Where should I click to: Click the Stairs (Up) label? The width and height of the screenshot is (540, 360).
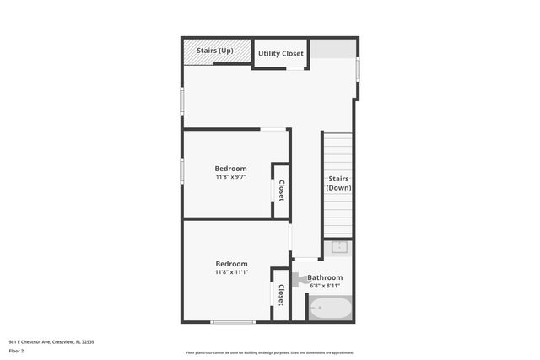[215, 51]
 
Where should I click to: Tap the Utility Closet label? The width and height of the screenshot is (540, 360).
[281, 54]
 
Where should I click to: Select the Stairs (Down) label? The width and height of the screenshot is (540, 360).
[338, 183]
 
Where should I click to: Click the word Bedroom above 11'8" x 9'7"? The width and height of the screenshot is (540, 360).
[230, 169]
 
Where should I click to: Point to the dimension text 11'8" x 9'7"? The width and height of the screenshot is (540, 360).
[230, 177]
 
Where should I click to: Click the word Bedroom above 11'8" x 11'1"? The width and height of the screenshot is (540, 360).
[230, 264]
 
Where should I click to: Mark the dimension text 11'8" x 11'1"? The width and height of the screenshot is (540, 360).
[230, 272]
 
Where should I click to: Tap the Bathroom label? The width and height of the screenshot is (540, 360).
[325, 277]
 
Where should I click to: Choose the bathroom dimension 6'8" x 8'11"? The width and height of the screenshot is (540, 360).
[325, 286]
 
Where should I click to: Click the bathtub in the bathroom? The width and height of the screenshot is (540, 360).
[329, 309]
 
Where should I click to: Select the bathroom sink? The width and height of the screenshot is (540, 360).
[340, 247]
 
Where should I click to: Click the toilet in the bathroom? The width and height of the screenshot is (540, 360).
[299, 277]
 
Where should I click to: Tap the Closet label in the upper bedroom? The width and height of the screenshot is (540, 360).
[281, 191]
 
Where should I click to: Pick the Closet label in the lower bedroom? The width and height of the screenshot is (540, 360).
[281, 295]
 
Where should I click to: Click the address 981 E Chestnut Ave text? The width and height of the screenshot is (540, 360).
[51, 341]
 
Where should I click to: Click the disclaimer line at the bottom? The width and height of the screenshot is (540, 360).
[270, 352]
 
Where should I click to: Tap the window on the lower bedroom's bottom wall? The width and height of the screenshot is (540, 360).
[233, 322]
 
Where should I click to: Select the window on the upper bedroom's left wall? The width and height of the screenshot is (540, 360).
[182, 171]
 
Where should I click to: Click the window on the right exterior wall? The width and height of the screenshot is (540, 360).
[359, 67]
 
